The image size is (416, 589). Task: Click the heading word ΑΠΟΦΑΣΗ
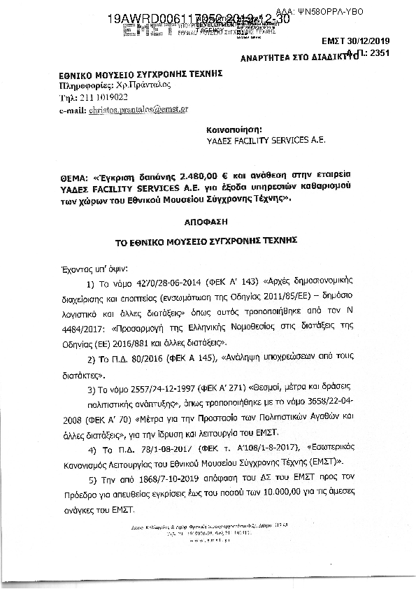pos(208,219)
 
